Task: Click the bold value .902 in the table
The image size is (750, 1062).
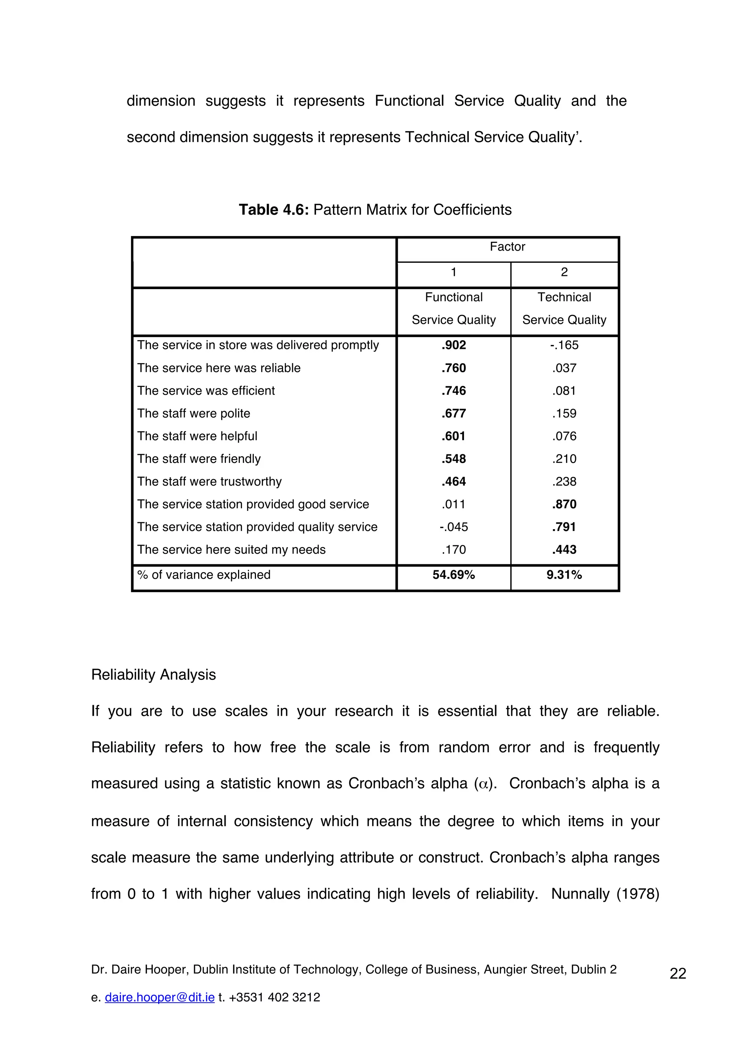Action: [x=453, y=345]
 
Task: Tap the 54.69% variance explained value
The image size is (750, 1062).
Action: [x=453, y=575]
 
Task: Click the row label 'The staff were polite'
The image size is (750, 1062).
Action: [x=194, y=413]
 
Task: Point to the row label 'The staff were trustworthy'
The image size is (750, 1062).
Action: [x=209, y=482]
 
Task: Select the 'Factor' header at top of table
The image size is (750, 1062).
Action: [x=508, y=247]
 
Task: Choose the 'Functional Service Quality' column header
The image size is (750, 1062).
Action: [x=453, y=309]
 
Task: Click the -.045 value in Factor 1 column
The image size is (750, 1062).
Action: [x=453, y=527]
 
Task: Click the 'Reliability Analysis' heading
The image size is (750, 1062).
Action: [x=153, y=674]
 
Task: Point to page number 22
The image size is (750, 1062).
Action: [x=677, y=974]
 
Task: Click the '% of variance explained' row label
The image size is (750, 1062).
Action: [x=204, y=575]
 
